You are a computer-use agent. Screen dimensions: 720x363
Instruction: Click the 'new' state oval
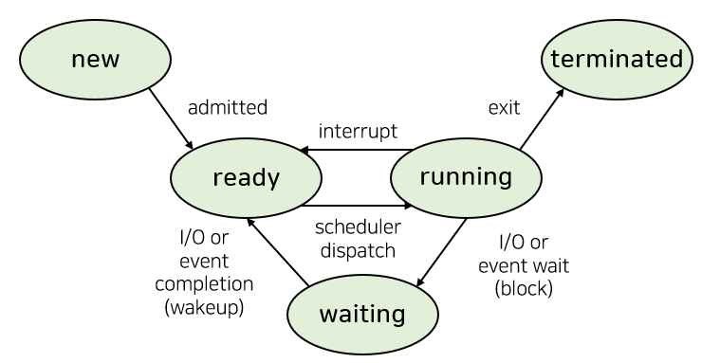pyautogui.click(x=96, y=59)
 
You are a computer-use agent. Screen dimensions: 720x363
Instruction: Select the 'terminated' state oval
pyautogui.click(x=618, y=59)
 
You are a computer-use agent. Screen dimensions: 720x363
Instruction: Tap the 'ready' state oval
pyautogui.click(x=246, y=177)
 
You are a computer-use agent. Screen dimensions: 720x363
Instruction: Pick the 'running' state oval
pyautogui.click(x=466, y=177)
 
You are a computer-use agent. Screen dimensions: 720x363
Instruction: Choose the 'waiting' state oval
pyautogui.click(x=362, y=315)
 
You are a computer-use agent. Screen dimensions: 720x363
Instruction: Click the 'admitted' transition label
pyautogui.click(x=228, y=108)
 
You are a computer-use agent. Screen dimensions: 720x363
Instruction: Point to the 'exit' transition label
pyautogui.click(x=504, y=108)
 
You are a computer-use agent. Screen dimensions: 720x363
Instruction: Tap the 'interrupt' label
pyautogui.click(x=358, y=132)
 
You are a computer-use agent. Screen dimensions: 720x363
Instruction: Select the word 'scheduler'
pyautogui.click(x=358, y=227)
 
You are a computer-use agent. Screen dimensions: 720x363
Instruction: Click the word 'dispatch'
pyautogui.click(x=358, y=250)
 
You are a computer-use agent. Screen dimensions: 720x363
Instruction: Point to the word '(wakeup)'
pyautogui.click(x=204, y=307)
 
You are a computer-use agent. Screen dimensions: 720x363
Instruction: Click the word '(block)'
pyautogui.click(x=524, y=289)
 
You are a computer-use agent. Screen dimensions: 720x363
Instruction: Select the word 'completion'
pyautogui.click(x=204, y=284)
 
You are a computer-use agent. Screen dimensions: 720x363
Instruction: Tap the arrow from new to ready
pyautogui.click(x=171, y=118)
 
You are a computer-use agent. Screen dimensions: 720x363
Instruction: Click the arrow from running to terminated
pyautogui.click(x=542, y=118)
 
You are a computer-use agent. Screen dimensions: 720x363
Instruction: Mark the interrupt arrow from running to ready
pyautogui.click(x=356, y=150)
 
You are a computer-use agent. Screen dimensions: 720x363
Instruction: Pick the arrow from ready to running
pyautogui.click(x=357, y=206)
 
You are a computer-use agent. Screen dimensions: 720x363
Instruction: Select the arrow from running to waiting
pyautogui.click(x=441, y=253)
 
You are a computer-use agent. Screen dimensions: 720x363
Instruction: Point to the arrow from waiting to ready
pyautogui.click(x=277, y=251)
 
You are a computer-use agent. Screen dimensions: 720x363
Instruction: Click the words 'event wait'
pyautogui.click(x=524, y=265)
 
